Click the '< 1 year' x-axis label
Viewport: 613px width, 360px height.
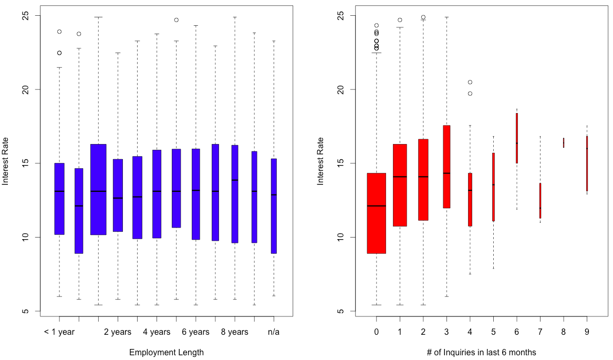tap(59, 332)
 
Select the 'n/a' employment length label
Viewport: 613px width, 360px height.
tap(274, 332)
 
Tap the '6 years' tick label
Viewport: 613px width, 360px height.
tap(195, 332)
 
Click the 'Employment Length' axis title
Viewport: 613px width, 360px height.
tap(167, 353)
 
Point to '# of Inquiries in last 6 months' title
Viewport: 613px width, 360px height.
tap(482, 353)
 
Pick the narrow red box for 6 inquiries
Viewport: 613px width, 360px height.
tap(517, 138)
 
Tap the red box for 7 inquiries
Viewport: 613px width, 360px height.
tap(540, 201)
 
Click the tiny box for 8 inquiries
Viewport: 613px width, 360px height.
tap(564, 142)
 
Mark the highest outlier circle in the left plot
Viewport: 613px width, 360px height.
tap(176, 20)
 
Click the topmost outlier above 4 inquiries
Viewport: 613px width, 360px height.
tap(470, 82)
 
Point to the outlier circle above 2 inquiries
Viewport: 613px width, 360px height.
tap(423, 17)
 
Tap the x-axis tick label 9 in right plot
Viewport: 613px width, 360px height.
tap(587, 332)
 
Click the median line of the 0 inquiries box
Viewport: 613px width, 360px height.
tap(377, 206)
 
